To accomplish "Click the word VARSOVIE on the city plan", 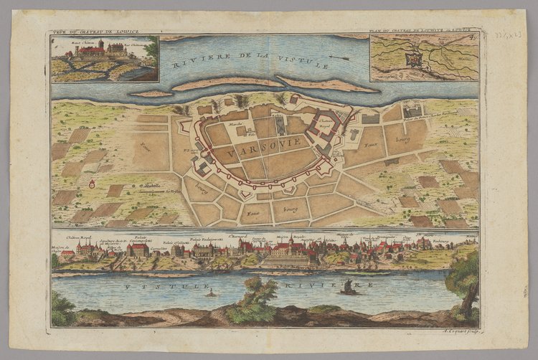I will point(255,153).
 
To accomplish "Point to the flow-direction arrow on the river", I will point(340,59).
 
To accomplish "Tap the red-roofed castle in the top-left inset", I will point(93,50).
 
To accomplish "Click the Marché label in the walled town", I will point(230,124).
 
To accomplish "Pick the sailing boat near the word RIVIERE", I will point(349,288).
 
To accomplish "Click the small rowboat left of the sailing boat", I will point(211,293).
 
